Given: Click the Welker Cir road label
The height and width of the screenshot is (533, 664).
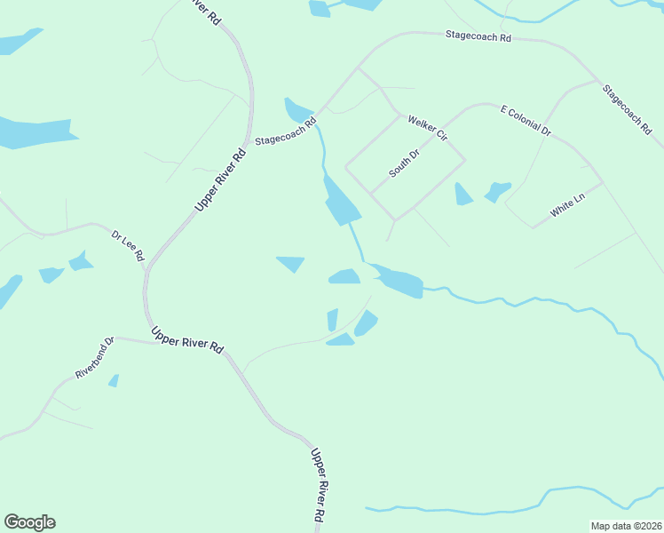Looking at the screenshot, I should click(427, 127).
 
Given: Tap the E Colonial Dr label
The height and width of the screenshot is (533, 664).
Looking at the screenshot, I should click(526, 121).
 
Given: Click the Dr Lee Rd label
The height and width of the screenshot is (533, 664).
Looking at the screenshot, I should click(128, 245).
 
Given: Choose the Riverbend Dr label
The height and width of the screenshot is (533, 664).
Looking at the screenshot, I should click(95, 357).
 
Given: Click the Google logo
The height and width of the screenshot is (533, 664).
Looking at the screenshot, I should click(29, 522).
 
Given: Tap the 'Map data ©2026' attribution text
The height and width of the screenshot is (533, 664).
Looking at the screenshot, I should click(626, 526).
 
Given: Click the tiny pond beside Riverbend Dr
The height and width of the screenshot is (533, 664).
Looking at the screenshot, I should click(114, 380).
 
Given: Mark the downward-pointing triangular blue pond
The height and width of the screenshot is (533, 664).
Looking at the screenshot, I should click(291, 264).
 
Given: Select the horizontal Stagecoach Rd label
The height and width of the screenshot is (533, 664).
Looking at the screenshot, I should click(478, 37).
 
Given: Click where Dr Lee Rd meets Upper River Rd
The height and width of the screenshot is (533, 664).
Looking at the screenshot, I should click(146, 267).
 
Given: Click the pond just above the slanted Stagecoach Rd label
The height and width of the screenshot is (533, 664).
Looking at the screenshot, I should click(294, 110).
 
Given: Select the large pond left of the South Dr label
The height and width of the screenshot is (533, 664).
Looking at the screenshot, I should click(341, 202).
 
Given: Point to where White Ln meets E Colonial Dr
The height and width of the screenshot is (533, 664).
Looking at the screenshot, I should click(603, 183).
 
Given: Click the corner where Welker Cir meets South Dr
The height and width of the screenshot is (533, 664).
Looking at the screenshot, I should click(463, 160).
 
